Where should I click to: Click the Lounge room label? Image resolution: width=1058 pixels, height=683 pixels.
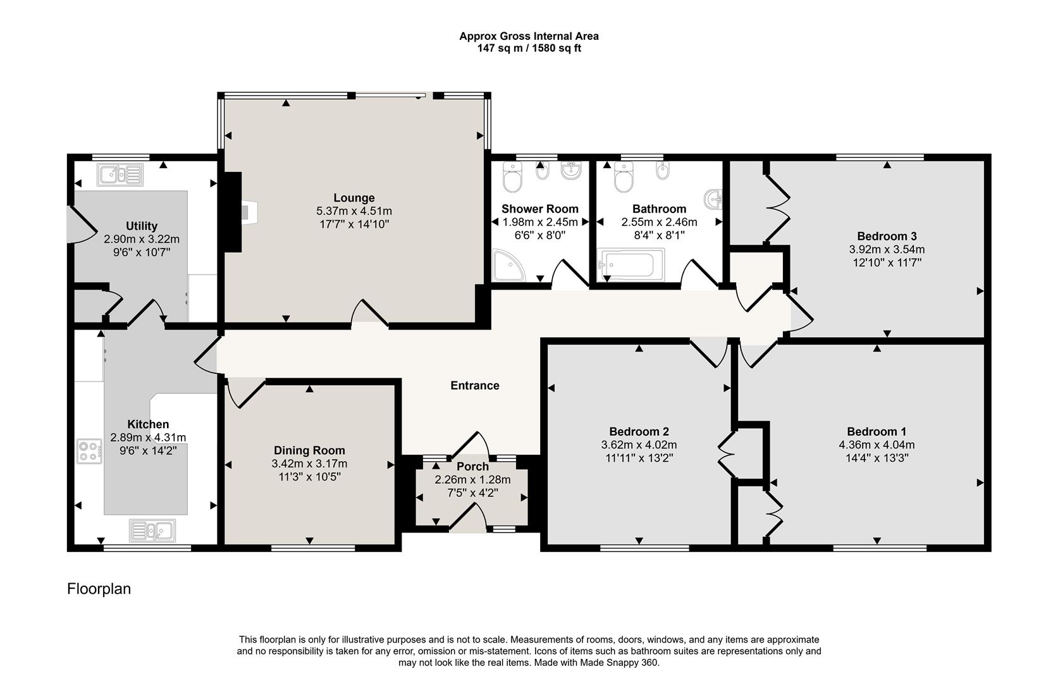click(x=354, y=198)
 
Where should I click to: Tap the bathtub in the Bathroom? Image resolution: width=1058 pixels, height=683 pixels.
click(x=630, y=263)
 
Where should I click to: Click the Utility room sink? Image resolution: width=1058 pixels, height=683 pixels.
click(x=121, y=173)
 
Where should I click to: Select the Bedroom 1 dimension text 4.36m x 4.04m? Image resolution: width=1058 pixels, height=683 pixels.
click(x=877, y=445)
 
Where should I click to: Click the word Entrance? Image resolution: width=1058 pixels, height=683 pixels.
click(x=474, y=385)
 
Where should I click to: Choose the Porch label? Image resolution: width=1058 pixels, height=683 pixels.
click(x=472, y=467)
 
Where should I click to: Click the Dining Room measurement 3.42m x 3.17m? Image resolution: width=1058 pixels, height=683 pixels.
click(x=309, y=464)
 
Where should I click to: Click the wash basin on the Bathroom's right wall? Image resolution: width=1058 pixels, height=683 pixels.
click(x=714, y=199)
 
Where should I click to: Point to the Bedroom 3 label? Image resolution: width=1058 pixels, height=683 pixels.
click(x=887, y=236)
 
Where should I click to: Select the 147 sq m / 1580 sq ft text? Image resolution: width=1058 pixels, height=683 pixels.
click(x=529, y=48)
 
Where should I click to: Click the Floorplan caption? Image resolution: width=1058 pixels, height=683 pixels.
click(x=99, y=589)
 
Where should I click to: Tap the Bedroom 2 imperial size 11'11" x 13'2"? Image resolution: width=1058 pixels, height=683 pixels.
click(x=639, y=458)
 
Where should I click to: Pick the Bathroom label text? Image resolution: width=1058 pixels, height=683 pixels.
click(x=659, y=209)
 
